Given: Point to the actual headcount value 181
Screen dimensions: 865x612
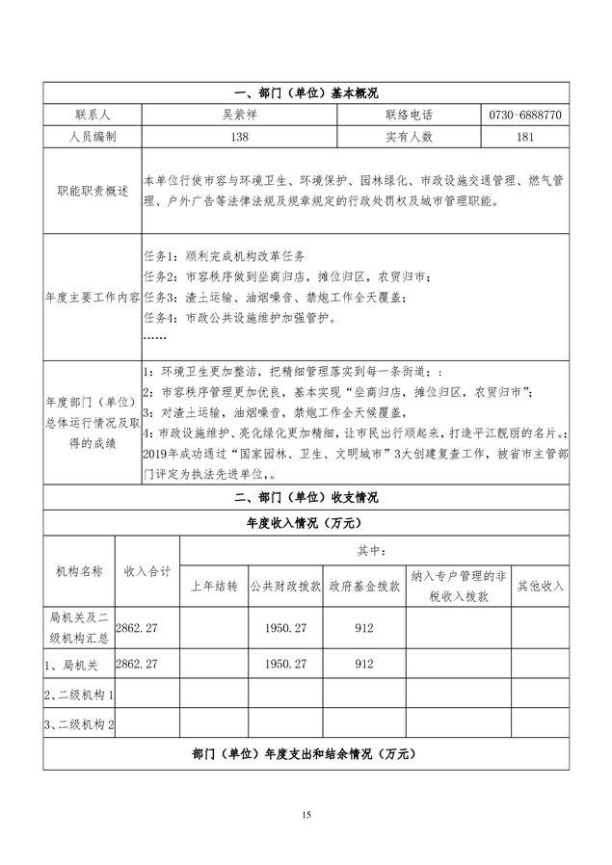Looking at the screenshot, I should click(525, 137).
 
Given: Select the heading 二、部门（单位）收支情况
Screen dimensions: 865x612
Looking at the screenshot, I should click(306, 498).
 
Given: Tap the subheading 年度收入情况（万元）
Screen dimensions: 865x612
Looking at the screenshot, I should click(306, 523).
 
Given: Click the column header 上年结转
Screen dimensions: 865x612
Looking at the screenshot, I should click(214, 586).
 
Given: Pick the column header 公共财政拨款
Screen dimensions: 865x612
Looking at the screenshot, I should click(285, 586).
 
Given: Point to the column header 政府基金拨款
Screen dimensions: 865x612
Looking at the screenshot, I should click(364, 586).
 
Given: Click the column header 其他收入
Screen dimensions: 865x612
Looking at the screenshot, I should click(541, 586).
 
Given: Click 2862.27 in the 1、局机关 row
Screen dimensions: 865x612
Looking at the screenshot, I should click(136, 665).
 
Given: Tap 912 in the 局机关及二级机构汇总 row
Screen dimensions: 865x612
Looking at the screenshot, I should click(364, 627).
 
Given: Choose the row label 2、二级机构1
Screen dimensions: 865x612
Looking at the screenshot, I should click(80, 695).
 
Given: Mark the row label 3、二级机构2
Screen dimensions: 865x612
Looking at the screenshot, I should click(80, 724).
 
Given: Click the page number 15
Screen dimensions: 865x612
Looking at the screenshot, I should click(306, 817).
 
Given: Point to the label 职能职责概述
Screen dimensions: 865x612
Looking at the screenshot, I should click(93, 191).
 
